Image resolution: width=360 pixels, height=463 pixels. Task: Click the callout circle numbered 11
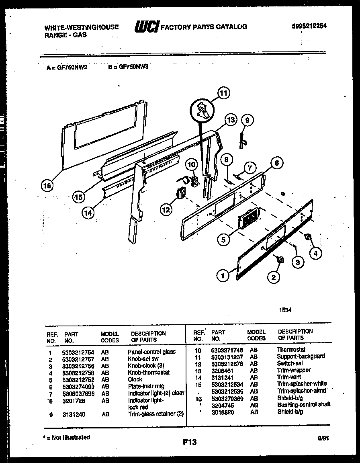click(x=223, y=93)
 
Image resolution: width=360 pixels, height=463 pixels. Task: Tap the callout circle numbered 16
click(x=47, y=185)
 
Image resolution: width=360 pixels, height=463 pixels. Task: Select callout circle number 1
click(x=222, y=275)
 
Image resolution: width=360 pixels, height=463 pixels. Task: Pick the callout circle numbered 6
click(x=276, y=163)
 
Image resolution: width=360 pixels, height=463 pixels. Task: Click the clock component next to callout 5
click(x=250, y=219)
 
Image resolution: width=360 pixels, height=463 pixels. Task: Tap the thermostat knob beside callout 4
click(x=309, y=238)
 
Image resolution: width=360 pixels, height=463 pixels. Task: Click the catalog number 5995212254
click(x=309, y=26)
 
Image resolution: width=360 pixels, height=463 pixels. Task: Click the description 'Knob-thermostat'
click(x=148, y=372)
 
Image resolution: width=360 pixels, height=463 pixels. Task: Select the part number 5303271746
click(x=227, y=350)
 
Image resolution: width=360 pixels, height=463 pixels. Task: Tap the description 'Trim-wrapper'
click(x=294, y=370)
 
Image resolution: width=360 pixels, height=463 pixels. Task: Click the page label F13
click(x=190, y=442)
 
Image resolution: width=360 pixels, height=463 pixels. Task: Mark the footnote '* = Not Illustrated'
click(x=66, y=437)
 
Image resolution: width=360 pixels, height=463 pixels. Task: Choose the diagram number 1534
click(x=285, y=310)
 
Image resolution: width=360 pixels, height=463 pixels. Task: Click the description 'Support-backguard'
click(x=301, y=356)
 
